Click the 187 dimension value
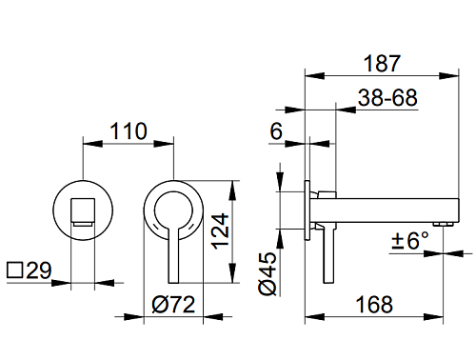point(382,64)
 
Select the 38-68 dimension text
point(387,97)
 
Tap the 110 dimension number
point(129,130)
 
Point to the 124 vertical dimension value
point(220,231)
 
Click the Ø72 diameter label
point(173,305)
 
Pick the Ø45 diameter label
point(268,273)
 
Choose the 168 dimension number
point(374,305)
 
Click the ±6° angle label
point(410,240)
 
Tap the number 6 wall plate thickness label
point(276,130)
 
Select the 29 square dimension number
point(39,270)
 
